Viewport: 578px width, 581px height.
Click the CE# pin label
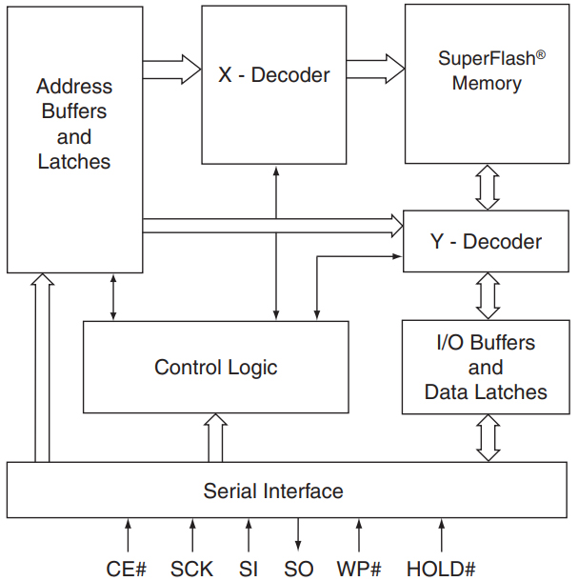[x=127, y=569]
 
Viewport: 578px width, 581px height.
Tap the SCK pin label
[x=193, y=569]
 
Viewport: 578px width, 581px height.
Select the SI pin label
[x=249, y=569]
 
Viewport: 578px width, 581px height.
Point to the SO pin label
[x=298, y=569]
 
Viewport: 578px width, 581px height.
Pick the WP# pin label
[x=359, y=569]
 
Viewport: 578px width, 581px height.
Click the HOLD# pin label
[x=441, y=569]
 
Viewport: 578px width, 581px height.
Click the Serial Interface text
[x=273, y=491]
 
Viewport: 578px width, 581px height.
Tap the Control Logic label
[x=216, y=368]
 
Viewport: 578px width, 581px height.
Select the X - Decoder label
[x=274, y=74]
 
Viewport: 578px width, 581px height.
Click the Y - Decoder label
[x=486, y=241]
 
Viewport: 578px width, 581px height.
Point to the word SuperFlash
[x=486, y=58]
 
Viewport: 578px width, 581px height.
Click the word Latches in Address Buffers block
[x=74, y=162]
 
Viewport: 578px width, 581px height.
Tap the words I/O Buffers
[x=486, y=343]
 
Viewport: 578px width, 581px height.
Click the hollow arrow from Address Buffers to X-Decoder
[x=171, y=69]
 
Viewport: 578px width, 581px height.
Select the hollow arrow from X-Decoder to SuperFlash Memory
[x=375, y=69]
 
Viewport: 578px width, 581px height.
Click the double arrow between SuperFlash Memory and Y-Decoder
[x=488, y=187]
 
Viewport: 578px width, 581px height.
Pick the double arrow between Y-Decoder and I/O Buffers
[x=488, y=296]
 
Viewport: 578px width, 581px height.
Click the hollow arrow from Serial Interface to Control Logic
[x=216, y=438]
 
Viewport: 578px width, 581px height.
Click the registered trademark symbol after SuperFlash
[x=540, y=55]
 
